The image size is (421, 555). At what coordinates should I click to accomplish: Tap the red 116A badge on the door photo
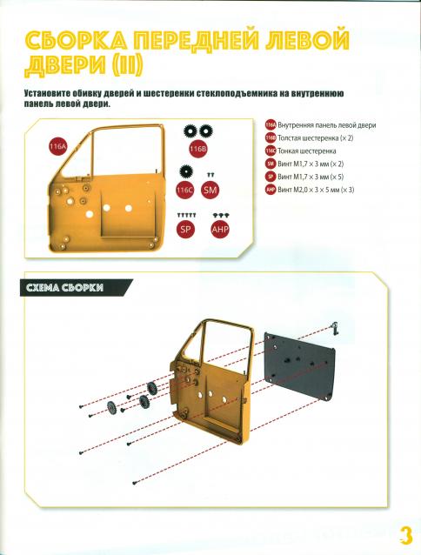pyautogui.click(x=58, y=147)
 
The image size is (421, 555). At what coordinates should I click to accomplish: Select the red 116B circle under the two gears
pyautogui.click(x=197, y=149)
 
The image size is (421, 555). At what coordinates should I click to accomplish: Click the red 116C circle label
pyautogui.click(x=185, y=190)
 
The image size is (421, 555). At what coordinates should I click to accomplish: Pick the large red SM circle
pyautogui.click(x=210, y=190)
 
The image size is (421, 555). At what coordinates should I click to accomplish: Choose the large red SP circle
pyautogui.click(x=186, y=229)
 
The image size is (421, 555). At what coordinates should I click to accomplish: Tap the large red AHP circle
pyautogui.click(x=220, y=229)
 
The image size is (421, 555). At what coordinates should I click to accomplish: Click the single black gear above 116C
pyautogui.click(x=186, y=172)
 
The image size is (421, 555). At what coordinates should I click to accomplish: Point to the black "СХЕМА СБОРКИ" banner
pyautogui.click(x=77, y=287)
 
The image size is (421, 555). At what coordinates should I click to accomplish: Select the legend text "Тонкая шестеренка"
pyautogui.click(x=307, y=151)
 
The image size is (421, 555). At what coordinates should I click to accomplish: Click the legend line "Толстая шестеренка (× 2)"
pyautogui.click(x=316, y=138)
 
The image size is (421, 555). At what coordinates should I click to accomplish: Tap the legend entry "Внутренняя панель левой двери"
pyautogui.click(x=327, y=125)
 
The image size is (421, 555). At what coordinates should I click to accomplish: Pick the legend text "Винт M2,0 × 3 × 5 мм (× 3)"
pyautogui.click(x=316, y=190)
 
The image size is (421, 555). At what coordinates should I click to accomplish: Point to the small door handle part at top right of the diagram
pyautogui.click(x=334, y=327)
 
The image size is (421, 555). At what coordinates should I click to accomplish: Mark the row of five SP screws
pyautogui.click(x=186, y=215)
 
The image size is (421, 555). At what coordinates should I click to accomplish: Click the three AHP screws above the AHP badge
pyautogui.click(x=220, y=215)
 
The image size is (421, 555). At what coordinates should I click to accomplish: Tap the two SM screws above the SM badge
pyautogui.click(x=210, y=175)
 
